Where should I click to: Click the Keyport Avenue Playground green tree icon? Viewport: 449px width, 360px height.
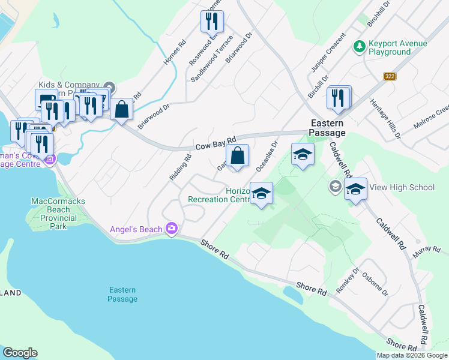point(360,46)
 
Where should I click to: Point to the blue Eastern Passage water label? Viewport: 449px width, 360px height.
point(123,294)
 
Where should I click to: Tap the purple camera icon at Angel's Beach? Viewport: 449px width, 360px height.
point(172,229)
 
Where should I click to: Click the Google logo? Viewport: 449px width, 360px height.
point(20,353)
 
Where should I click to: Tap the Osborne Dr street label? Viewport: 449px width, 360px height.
point(375,284)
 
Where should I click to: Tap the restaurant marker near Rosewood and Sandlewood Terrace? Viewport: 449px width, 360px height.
point(211,22)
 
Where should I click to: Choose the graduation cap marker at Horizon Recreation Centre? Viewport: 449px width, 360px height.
point(261,193)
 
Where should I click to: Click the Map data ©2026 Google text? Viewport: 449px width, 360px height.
point(412,355)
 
